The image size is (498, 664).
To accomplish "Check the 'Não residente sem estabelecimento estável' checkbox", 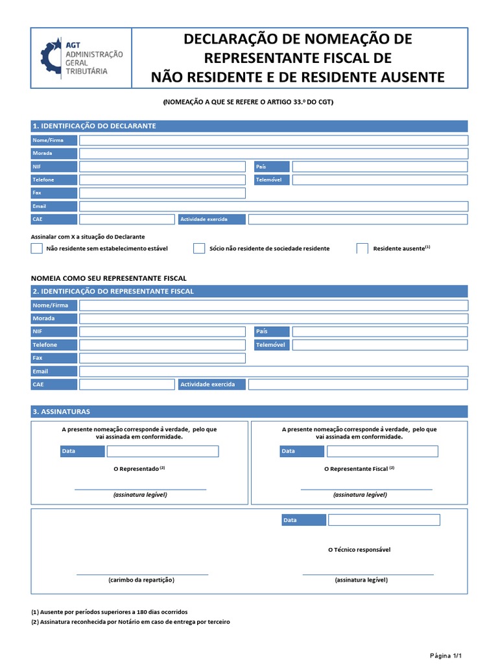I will tap(37, 248).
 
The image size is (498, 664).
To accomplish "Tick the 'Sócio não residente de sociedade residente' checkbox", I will tap(199, 248).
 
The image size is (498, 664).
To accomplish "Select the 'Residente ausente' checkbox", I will tap(362, 248).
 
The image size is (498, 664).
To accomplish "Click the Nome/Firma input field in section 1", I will tap(273, 140).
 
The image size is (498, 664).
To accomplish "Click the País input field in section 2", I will tap(379, 331).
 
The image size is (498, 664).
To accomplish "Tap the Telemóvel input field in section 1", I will tap(379, 180).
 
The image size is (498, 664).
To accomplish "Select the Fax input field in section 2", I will tap(162, 358).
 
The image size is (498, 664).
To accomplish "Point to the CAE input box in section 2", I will tap(127, 385).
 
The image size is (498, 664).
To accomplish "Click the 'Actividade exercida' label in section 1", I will tap(211, 219).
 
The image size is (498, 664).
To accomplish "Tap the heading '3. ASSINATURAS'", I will tap(62, 412).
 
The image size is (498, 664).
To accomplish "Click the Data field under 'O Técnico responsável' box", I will tap(384, 520).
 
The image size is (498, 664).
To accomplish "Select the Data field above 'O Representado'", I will tap(163, 451).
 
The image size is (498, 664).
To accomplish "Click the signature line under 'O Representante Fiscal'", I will tap(366, 488).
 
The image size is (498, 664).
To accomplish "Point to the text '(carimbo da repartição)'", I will tap(141, 580).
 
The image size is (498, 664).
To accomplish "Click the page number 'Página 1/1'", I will tap(446, 655).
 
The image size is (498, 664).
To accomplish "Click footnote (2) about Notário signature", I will tap(130, 622).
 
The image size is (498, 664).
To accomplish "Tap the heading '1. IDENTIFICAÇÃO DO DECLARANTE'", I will tap(94, 126).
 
